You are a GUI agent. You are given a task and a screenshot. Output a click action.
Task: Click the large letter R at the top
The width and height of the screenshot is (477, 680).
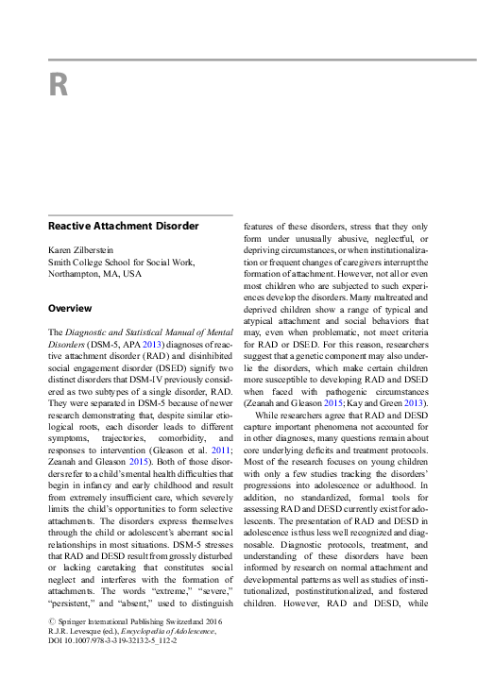58,86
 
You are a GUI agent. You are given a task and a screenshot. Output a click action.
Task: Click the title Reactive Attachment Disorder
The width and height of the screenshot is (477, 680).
124,226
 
